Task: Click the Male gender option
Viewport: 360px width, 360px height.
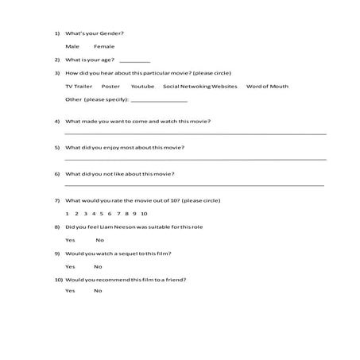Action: pos(72,47)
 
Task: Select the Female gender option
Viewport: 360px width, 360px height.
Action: pos(103,47)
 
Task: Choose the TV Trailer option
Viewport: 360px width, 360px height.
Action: pos(78,86)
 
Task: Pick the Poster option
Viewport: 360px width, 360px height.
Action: pos(111,86)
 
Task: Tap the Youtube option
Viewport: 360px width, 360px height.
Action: pos(143,86)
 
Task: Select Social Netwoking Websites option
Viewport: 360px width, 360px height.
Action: pos(199,86)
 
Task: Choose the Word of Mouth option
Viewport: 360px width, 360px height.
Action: pos(267,86)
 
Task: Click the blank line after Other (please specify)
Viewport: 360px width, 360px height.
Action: pos(158,101)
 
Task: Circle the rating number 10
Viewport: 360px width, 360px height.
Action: pos(144,214)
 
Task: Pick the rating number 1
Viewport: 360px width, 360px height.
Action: pos(67,214)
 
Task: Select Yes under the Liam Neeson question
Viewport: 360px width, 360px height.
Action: pos(70,240)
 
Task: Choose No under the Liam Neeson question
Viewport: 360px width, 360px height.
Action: pos(100,240)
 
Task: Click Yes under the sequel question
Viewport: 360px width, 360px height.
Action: pos(70,266)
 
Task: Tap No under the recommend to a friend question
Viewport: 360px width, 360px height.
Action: pos(98,291)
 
